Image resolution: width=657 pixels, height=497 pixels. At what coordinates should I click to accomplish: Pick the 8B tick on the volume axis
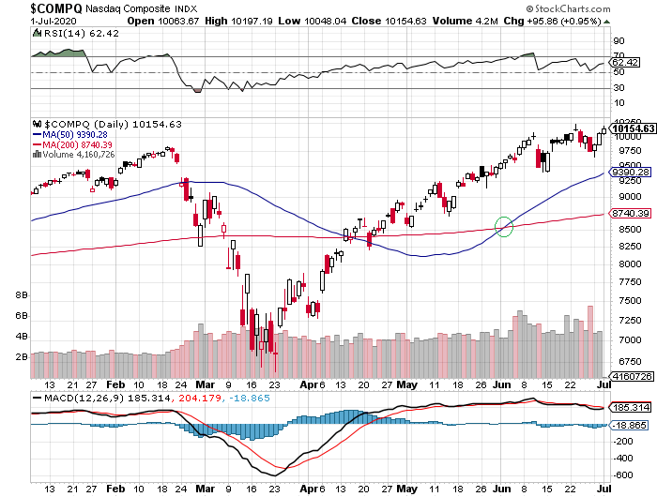point(21,295)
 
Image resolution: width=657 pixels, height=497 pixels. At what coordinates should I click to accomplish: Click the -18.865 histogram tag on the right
point(629,426)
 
